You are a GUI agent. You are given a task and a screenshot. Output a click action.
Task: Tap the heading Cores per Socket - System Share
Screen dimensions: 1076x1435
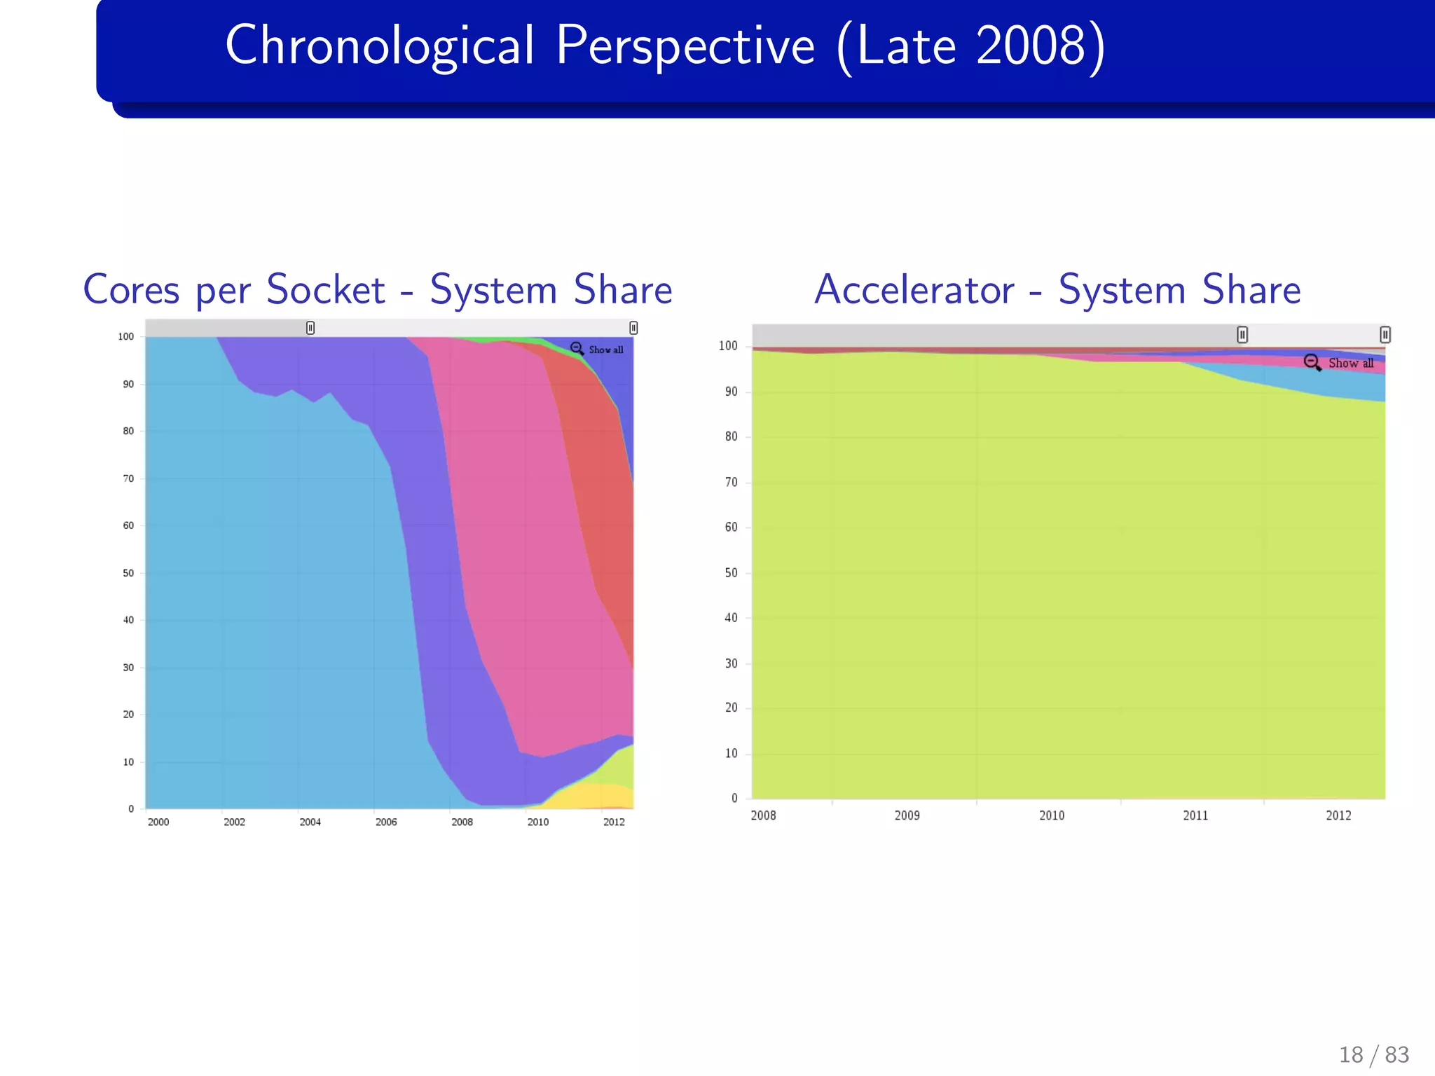[378, 289]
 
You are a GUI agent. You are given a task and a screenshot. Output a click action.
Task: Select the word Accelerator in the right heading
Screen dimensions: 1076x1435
[914, 289]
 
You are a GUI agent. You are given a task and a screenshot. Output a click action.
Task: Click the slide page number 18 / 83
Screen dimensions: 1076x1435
[1373, 1054]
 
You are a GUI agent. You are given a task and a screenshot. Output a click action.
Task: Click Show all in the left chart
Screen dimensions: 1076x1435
[605, 350]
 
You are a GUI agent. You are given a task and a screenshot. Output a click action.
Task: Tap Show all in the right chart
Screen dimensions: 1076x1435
[1350, 363]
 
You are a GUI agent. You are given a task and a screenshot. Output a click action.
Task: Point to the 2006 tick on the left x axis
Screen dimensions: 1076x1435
[386, 822]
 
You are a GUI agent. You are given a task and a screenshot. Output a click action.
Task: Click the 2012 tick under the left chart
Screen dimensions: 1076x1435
[614, 822]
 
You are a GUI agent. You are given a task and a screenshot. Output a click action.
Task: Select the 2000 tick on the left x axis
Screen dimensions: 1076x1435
[158, 822]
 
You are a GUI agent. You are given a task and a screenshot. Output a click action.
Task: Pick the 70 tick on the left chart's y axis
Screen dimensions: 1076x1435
[128, 478]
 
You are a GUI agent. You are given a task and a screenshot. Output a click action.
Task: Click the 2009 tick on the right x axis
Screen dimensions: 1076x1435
[907, 815]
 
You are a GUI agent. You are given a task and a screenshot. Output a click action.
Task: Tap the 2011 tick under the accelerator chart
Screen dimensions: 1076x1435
[1195, 815]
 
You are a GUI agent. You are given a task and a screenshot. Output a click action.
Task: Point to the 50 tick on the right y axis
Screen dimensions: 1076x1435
[731, 573]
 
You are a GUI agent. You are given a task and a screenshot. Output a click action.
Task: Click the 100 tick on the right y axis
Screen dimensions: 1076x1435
[728, 345]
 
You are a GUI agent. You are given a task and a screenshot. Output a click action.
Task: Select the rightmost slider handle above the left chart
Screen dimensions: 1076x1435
[633, 328]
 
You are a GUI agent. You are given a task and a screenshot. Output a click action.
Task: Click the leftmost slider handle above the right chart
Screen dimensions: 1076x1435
[1242, 335]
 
